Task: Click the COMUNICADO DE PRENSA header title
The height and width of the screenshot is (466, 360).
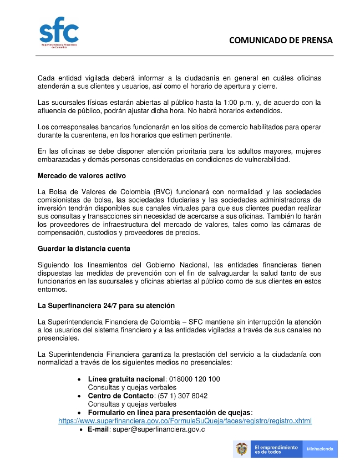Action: (281, 40)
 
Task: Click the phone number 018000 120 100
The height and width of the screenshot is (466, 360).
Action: (194, 379)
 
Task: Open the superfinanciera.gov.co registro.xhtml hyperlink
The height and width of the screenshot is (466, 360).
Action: (185, 421)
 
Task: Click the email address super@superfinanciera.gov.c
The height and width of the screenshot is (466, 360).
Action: (158, 429)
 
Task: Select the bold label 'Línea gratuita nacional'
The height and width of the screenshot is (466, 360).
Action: (126, 379)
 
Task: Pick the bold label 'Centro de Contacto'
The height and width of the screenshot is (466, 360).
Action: (120, 396)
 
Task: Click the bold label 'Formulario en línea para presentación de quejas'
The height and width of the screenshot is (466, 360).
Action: (170, 412)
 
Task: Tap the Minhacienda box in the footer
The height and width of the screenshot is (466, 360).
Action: (320, 448)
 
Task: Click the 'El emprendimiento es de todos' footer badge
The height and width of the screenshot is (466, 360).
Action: (275, 448)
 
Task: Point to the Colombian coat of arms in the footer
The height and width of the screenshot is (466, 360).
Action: (241, 448)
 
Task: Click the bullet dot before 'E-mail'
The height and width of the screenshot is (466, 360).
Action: (81, 429)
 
